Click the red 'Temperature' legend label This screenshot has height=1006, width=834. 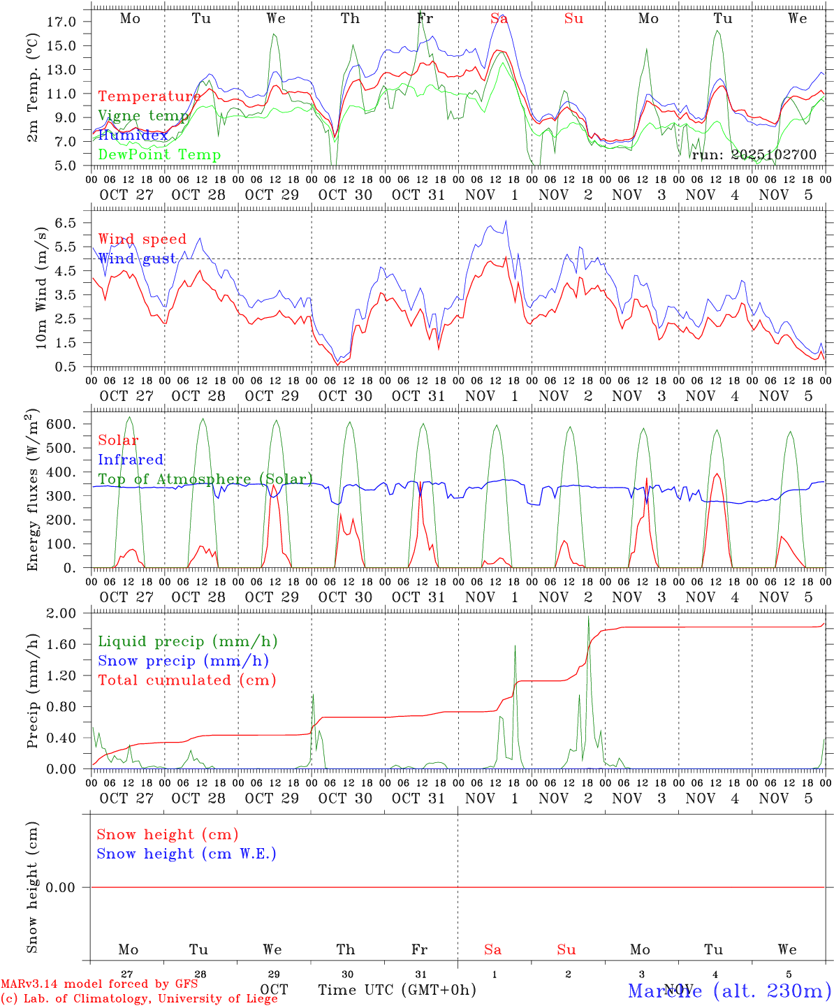(x=149, y=96)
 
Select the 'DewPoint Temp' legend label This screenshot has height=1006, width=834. (x=159, y=155)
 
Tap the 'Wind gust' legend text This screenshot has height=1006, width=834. (x=137, y=258)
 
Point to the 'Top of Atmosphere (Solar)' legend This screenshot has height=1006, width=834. (x=205, y=479)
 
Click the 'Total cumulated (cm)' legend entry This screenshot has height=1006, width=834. (x=186, y=680)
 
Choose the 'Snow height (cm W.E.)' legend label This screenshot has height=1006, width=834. (x=186, y=854)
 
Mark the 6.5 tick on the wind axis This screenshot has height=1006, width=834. (x=65, y=223)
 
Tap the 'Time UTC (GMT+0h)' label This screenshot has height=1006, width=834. (x=397, y=990)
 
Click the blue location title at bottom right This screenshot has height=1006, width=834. (x=729, y=990)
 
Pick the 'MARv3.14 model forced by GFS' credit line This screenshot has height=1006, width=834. (x=99, y=984)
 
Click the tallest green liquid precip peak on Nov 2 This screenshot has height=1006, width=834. (x=588, y=616)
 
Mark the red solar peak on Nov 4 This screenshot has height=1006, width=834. (x=717, y=474)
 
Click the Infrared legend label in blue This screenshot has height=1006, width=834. (x=131, y=460)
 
